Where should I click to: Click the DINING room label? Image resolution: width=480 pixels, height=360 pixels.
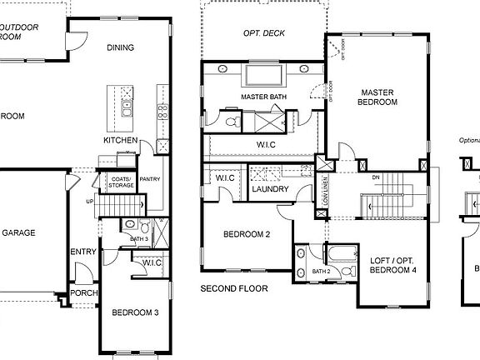(x=120, y=47)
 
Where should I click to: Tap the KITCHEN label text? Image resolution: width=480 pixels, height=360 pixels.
(x=120, y=141)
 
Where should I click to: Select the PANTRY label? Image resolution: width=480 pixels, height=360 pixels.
(x=150, y=179)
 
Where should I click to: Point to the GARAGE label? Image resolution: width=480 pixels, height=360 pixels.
(x=18, y=233)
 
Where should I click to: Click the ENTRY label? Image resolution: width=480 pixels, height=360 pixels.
(x=83, y=252)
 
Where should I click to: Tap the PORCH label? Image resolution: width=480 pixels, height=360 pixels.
(x=83, y=292)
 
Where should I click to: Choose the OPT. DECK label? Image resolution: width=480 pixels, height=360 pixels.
(x=263, y=34)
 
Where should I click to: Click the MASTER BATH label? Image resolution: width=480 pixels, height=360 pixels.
(x=263, y=97)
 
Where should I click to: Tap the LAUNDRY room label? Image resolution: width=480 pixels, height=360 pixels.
(x=269, y=189)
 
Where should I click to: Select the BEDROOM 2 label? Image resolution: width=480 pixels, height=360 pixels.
(x=247, y=235)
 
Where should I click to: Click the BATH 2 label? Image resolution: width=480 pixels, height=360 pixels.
(x=321, y=272)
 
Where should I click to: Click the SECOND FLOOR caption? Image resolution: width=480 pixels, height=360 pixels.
(x=234, y=289)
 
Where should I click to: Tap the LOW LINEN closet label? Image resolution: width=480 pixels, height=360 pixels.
(x=326, y=192)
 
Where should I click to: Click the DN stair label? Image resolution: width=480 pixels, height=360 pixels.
(x=375, y=177)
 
